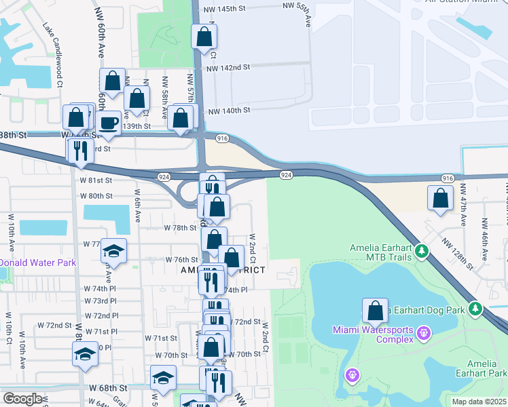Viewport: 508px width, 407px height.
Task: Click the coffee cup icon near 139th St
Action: (109, 123)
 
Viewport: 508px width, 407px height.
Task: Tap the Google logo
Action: (22, 399)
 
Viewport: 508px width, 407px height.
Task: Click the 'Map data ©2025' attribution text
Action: (479, 402)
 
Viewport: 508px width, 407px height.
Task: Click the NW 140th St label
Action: (230, 111)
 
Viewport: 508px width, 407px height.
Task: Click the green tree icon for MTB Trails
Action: (422, 252)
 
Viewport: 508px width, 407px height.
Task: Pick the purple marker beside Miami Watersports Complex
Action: (424, 333)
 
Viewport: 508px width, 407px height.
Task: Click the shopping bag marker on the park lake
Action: (375, 311)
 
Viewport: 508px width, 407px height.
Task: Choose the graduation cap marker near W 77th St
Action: (114, 251)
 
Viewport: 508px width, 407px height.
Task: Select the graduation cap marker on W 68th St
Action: (163, 377)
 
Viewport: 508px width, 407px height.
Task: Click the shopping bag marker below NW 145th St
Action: (204, 37)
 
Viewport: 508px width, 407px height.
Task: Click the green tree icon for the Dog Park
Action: (476, 309)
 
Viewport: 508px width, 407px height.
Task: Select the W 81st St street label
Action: (96, 180)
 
